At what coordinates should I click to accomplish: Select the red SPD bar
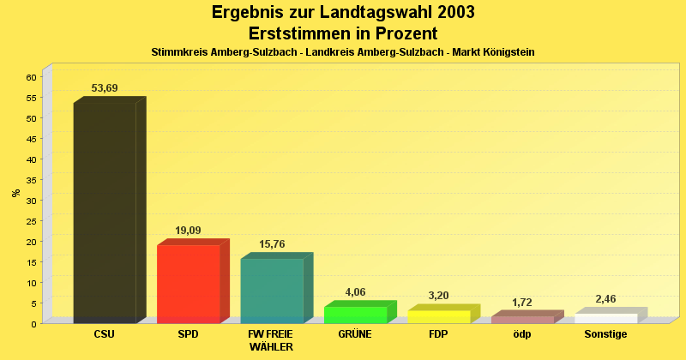(188, 283)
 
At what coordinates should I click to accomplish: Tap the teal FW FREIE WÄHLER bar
(272, 290)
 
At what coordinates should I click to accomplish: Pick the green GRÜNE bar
(355, 314)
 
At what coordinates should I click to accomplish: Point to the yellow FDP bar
(438, 316)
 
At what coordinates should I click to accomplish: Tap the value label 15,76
(272, 244)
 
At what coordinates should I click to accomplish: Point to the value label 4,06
(355, 292)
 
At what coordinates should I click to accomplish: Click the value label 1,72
(522, 303)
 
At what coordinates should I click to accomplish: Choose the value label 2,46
(605, 299)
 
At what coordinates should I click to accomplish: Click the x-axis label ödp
(522, 334)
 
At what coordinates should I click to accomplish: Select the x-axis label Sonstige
(605, 334)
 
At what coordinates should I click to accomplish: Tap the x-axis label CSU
(105, 334)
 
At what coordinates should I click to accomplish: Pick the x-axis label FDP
(438, 334)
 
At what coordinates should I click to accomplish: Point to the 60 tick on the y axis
(31, 77)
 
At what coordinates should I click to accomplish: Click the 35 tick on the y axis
(31, 180)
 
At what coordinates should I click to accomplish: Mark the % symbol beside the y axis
(16, 193)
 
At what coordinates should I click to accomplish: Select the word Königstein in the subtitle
(507, 52)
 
